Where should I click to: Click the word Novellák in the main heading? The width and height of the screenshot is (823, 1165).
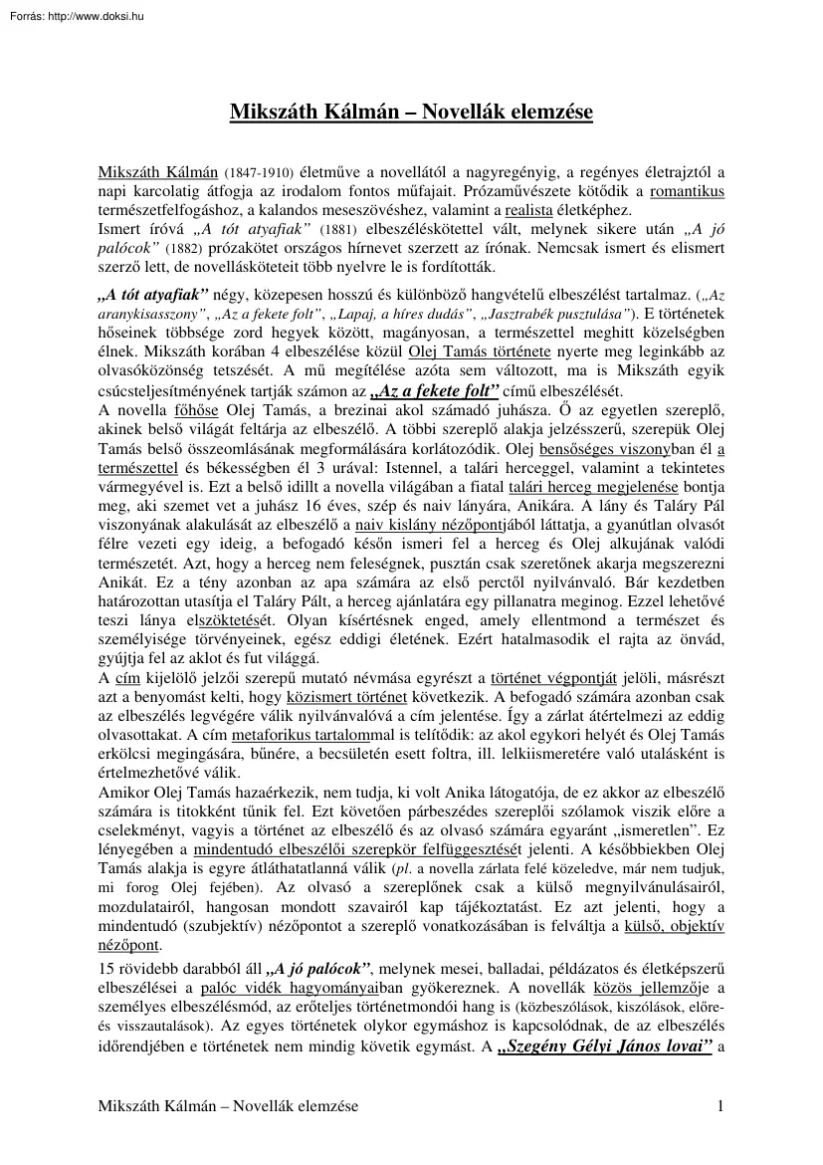455,112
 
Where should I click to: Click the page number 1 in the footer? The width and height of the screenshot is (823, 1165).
719,1134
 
